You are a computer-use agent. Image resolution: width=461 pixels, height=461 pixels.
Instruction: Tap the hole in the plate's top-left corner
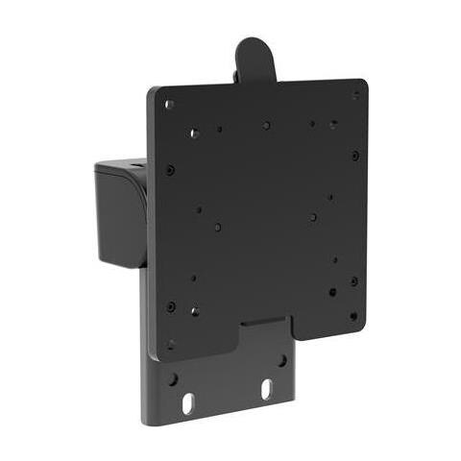pyautogui.click(x=170, y=104)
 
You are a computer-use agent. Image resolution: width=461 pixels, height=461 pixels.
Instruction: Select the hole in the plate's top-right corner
pyautogui.click(x=355, y=95)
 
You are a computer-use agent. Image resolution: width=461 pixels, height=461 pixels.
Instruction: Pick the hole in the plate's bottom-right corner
pyautogui.click(x=353, y=315)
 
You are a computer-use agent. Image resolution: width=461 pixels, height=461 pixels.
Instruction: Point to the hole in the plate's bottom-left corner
pyautogui.click(x=172, y=343)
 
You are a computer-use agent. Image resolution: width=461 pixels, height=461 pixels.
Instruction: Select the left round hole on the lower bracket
pyautogui.click(x=173, y=378)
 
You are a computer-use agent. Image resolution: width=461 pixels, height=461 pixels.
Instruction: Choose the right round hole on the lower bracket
pyautogui.click(x=282, y=361)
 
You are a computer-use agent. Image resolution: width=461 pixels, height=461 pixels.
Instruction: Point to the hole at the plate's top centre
pyautogui.click(x=266, y=124)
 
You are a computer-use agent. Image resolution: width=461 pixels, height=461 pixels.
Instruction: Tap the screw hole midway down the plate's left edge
pyautogui.click(x=170, y=170)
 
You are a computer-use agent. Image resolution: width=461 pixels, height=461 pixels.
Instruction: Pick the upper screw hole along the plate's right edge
pyautogui.click(x=355, y=155)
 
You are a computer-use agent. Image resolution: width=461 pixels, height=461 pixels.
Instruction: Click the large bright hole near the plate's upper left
pyautogui.click(x=194, y=133)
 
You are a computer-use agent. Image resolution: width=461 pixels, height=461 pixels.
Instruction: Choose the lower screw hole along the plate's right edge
pyautogui.click(x=353, y=281)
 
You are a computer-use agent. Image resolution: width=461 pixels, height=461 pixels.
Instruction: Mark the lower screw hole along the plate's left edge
pyautogui.click(x=171, y=306)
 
